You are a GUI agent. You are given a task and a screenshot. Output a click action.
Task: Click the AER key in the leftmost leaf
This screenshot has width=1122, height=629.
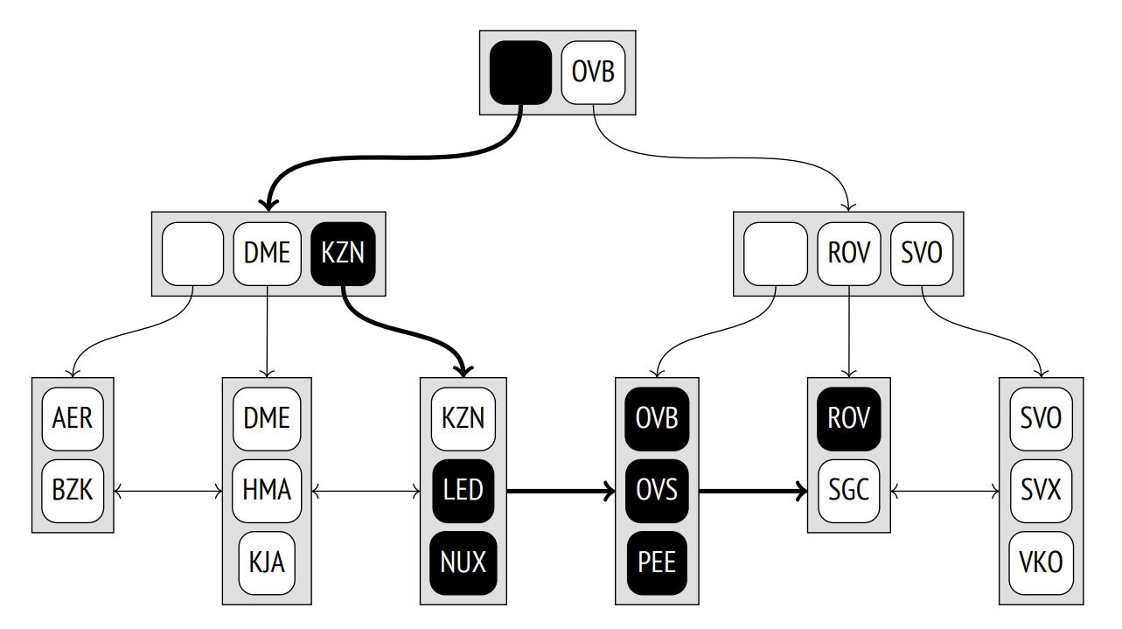(x=73, y=418)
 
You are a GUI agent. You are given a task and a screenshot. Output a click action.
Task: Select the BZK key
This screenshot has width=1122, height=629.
(x=73, y=490)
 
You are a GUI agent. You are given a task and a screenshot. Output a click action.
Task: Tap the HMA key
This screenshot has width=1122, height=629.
(x=267, y=490)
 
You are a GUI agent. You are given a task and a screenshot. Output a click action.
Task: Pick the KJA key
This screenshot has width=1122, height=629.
(x=267, y=562)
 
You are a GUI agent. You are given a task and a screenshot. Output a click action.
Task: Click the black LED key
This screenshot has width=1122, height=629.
(x=463, y=490)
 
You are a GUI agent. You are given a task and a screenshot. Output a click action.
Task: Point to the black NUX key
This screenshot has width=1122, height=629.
(x=463, y=562)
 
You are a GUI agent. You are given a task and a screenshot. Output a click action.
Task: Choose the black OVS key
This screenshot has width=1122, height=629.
(x=657, y=490)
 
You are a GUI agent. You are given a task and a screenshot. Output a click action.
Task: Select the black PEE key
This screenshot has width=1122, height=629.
(x=657, y=562)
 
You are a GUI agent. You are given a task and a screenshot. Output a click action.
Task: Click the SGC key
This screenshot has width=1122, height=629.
(x=848, y=490)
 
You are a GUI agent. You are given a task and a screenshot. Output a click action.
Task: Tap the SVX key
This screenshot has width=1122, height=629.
(x=1041, y=490)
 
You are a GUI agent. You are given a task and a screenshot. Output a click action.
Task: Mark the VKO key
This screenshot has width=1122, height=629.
(x=1041, y=562)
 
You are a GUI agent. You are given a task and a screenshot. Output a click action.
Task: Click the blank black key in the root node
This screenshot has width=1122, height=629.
(x=520, y=72)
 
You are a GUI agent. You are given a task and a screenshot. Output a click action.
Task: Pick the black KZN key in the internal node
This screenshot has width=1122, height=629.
(x=343, y=254)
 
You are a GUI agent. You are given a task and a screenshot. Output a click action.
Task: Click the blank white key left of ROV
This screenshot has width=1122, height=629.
(x=775, y=254)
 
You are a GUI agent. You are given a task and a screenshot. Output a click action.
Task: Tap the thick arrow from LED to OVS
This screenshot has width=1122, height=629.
(x=560, y=492)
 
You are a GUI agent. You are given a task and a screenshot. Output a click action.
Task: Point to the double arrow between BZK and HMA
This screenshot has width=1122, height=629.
(x=169, y=493)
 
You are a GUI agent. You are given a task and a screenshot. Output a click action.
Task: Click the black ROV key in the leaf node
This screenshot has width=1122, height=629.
(x=848, y=418)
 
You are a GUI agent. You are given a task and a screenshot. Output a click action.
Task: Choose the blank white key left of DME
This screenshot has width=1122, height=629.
(x=192, y=254)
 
